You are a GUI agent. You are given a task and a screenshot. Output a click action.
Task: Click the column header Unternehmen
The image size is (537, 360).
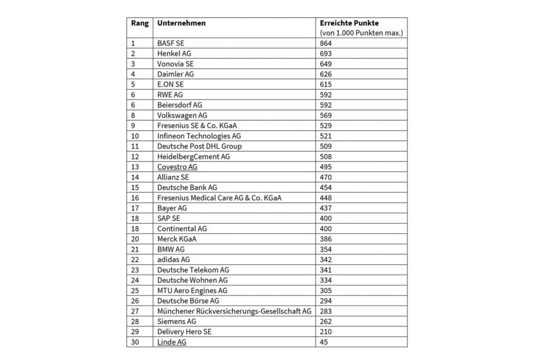coord(181,24)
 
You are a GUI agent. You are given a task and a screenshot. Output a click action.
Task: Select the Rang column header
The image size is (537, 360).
coord(139,24)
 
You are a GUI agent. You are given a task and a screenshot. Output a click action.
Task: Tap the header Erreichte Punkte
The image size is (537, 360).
coord(349,24)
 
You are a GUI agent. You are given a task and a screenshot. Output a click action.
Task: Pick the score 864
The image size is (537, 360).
coord(326,43)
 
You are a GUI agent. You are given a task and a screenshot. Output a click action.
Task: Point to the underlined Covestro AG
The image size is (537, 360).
coord(177,167)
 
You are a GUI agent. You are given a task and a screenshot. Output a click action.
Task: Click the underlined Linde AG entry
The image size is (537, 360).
coord(171,342)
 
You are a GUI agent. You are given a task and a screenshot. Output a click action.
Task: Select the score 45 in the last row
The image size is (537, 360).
coord(324,342)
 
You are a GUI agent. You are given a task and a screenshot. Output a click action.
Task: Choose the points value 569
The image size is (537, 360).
coord(326,115)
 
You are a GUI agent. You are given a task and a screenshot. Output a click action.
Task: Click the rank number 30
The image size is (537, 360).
coord(135,342)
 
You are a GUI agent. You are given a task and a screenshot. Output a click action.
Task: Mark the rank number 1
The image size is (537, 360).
coord(133,43)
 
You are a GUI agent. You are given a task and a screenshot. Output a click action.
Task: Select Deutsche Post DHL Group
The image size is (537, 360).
coord(199,146)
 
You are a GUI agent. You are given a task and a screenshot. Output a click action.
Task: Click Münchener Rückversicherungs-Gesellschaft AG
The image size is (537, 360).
coord(234,311)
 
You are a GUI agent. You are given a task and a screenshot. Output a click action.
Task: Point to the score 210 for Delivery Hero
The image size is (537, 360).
coord(326,332)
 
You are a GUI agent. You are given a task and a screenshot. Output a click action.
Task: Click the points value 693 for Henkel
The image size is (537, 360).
coord(326,53)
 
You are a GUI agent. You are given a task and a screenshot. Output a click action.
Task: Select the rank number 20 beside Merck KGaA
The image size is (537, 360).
coord(135,239)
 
